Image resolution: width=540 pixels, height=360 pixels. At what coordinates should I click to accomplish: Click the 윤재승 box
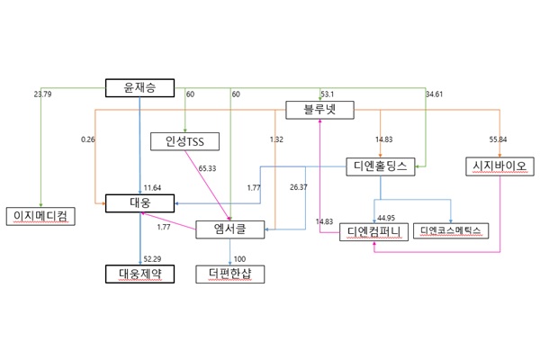[x=139, y=87]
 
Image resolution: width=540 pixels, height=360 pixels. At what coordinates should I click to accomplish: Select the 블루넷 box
[x=320, y=111]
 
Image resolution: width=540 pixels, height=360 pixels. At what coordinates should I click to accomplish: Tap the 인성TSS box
[x=185, y=141]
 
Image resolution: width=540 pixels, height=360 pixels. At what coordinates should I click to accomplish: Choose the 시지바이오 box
[x=499, y=166]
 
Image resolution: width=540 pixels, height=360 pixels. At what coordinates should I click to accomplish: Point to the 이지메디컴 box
[x=37, y=216]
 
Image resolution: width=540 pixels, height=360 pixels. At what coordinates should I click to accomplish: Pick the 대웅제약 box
[x=139, y=272]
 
